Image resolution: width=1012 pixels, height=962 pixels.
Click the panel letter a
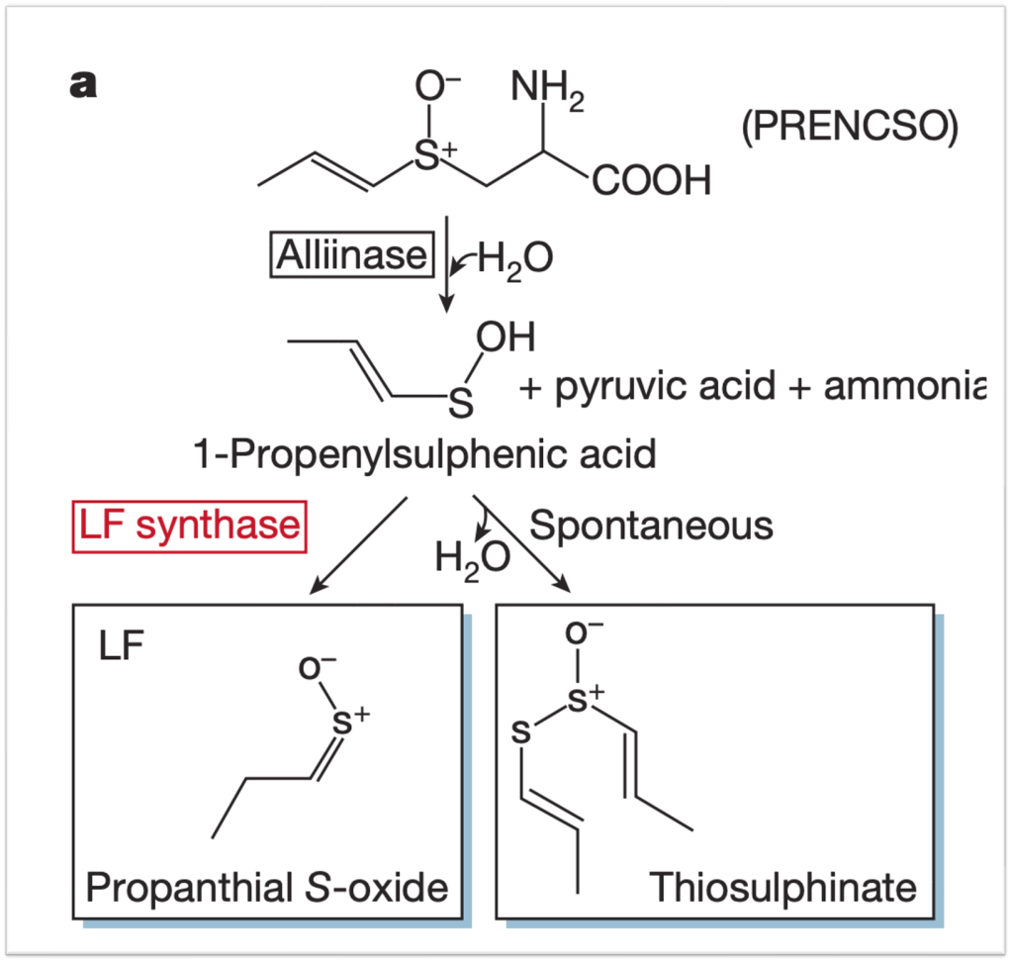click(x=83, y=86)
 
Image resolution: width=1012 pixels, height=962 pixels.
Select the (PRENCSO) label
click(x=850, y=127)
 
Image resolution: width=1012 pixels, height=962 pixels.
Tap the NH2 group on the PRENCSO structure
click(x=548, y=94)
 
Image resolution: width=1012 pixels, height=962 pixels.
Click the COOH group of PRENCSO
click(x=651, y=183)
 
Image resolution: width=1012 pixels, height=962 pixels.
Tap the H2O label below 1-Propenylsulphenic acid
click(x=472, y=559)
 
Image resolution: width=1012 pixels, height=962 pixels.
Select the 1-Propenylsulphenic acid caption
click(x=425, y=455)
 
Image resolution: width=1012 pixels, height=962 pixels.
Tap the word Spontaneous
click(x=651, y=525)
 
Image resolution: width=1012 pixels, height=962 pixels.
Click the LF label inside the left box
click(x=121, y=648)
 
